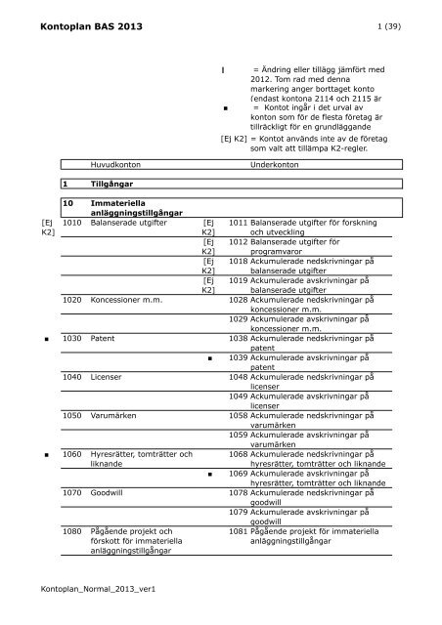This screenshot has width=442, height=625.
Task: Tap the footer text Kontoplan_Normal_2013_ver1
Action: tap(86, 591)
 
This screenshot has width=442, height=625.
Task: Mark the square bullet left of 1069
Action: tap(210, 474)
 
